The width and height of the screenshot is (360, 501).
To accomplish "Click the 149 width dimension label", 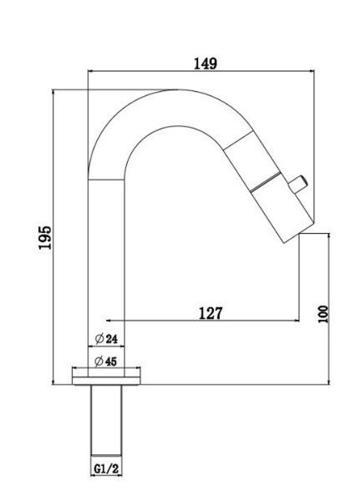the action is (x=205, y=63).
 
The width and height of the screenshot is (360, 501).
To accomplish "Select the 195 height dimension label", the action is (x=45, y=237).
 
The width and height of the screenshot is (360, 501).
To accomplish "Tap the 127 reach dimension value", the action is (x=210, y=313).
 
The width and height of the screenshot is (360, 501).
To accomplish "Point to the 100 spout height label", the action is (x=323, y=314).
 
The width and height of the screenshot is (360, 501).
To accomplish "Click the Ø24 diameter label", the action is (x=106, y=339).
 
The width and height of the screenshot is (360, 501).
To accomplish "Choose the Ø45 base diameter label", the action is (x=106, y=362).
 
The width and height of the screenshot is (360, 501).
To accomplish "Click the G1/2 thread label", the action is (x=106, y=468).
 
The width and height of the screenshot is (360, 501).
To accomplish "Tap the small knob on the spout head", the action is (x=297, y=185).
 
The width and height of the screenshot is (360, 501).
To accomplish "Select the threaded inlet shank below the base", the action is (x=106, y=420).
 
